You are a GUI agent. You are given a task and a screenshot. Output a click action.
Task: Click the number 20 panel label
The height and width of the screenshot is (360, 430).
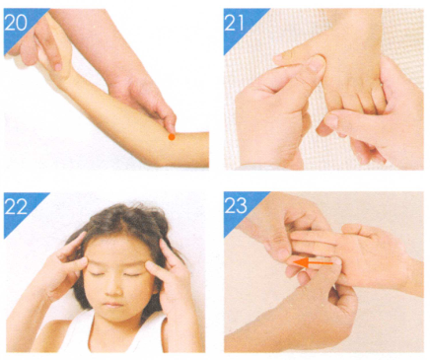coord(16,23)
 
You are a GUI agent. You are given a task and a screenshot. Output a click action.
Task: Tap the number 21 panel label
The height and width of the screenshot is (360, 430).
coord(235,23)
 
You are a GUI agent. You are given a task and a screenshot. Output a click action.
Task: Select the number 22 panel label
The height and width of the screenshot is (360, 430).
coord(16,206)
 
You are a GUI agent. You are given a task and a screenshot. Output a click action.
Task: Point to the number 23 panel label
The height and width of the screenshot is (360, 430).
coord(236,205)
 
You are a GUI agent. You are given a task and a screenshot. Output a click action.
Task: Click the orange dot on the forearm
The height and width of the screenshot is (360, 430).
coord(172,137)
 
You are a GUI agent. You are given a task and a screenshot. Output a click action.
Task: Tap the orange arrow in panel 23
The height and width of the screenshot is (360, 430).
coord(313,262)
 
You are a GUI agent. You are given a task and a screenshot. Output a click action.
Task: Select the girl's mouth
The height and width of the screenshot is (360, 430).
coord(112,305)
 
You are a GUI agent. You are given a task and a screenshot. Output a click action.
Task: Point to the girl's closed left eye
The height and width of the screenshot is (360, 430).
coord(132,274)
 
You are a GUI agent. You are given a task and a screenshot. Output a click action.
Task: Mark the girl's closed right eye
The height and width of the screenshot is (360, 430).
coord(96,274)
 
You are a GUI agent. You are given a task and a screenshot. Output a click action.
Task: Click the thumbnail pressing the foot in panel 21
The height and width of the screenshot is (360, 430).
coord(317,65)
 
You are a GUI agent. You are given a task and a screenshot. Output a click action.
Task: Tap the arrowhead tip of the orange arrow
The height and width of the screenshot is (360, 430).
coord(294,262)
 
